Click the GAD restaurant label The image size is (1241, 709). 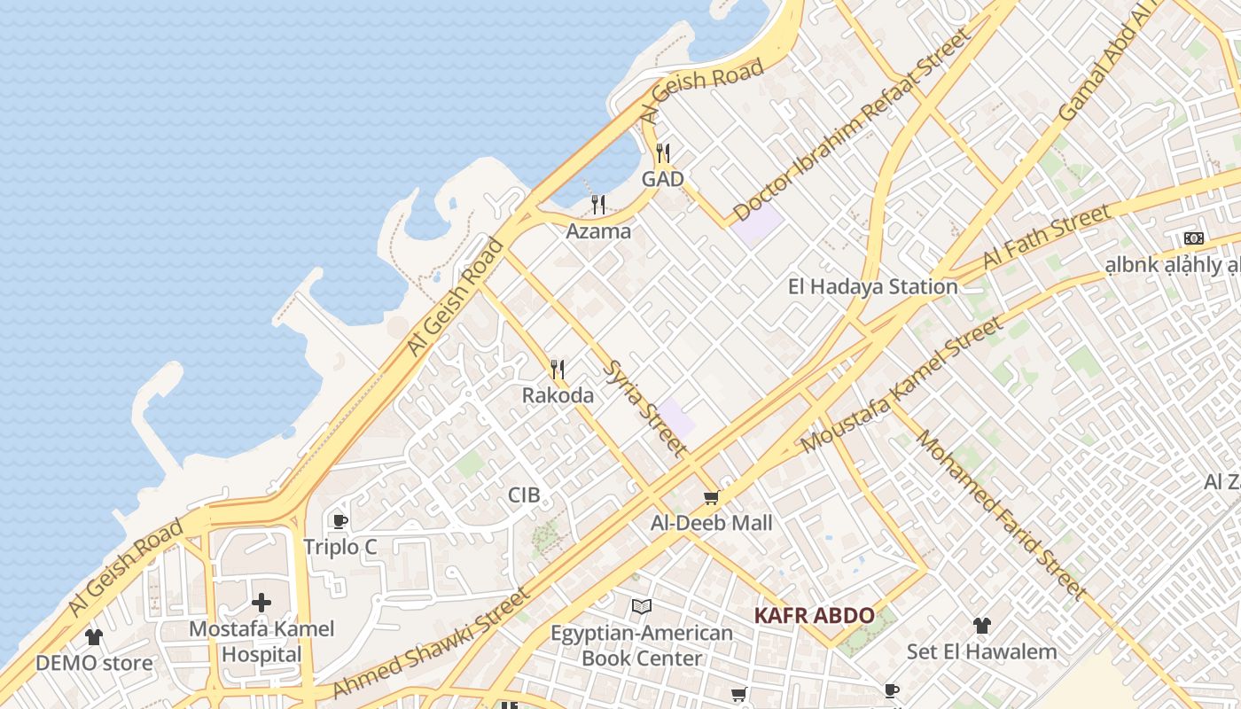[x=663, y=179]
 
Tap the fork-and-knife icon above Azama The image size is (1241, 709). [x=599, y=205]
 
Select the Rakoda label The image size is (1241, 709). [x=558, y=395]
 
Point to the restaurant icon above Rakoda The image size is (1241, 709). [x=558, y=369]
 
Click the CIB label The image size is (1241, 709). [x=524, y=495]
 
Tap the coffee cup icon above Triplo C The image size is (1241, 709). [x=340, y=521]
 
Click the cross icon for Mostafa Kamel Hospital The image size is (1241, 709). [x=261, y=603]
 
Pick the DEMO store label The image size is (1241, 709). [x=94, y=663]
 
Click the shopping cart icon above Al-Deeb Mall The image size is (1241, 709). [x=711, y=498]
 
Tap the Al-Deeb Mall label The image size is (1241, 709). [x=712, y=523]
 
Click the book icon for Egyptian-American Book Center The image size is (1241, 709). [x=642, y=607]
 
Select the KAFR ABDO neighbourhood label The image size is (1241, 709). [x=815, y=615]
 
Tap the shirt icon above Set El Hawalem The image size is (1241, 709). [x=981, y=626]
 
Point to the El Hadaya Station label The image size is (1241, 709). [x=873, y=287]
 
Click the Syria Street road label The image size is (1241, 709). [x=644, y=407]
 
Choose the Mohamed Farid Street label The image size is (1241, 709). [x=1002, y=513]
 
